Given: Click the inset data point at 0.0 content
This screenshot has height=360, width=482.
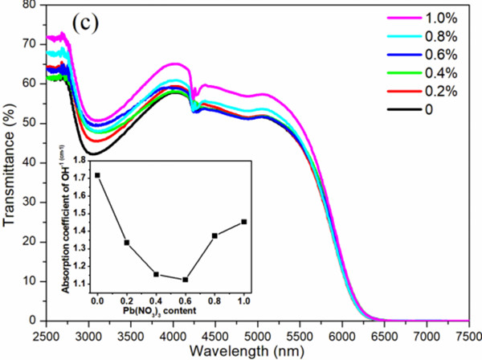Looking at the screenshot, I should [x=97, y=175].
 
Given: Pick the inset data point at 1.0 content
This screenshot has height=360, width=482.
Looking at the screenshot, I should [x=244, y=222].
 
